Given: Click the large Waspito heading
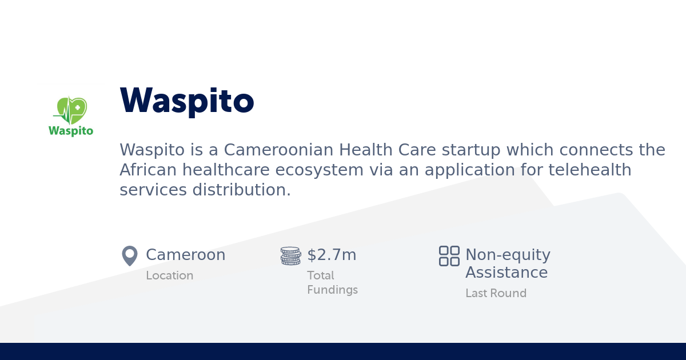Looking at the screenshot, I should (187, 101).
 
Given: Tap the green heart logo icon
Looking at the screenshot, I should (71, 110).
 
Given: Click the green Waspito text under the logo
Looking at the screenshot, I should (71, 131).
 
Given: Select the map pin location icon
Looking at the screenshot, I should (130, 256).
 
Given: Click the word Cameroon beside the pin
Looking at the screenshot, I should (186, 255).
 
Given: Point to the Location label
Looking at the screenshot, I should (170, 275).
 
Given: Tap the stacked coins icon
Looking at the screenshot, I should (290, 256).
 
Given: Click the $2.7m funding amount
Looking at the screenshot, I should (332, 255).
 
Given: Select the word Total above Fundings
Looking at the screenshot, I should (321, 275).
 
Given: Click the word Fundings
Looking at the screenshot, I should (332, 290).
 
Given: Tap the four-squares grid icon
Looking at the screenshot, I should (449, 256).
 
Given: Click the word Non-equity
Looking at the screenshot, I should (508, 255).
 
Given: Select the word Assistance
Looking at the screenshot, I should (506, 273).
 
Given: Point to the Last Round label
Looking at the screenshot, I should (496, 293).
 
